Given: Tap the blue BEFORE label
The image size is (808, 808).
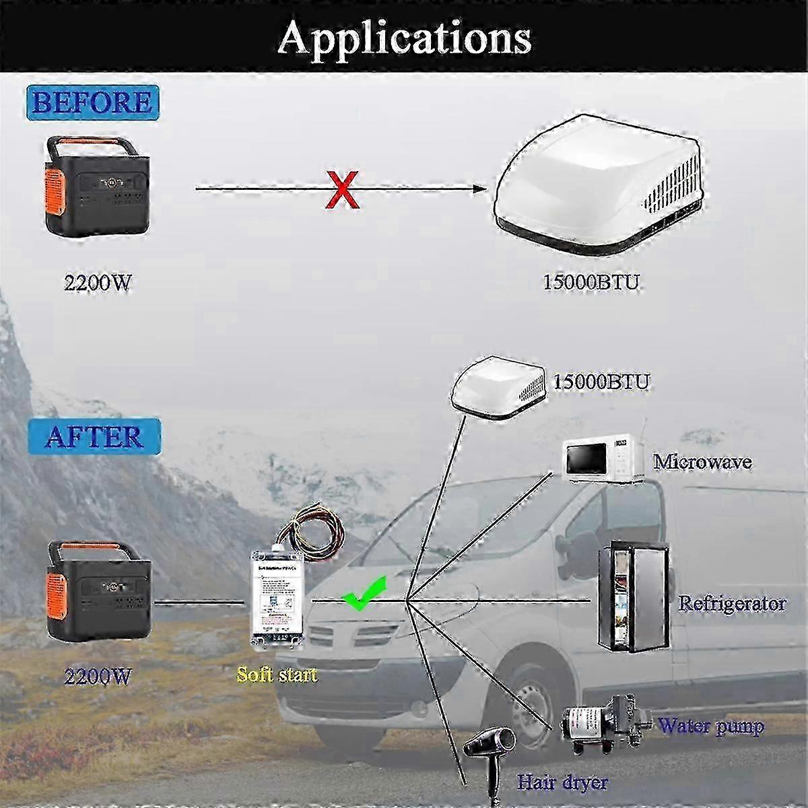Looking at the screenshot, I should point(92,102).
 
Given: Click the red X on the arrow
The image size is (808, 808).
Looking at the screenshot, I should point(342,189).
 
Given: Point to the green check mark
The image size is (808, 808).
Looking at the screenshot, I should point(364,593).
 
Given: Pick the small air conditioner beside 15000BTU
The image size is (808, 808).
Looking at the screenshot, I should point(499,390).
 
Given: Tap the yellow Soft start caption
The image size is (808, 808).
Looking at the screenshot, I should point(277,674).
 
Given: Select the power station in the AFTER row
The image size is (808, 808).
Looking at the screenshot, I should point(98,593).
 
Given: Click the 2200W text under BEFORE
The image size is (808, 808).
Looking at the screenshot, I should point(97,283).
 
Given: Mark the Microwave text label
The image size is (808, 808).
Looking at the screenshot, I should point(702,463).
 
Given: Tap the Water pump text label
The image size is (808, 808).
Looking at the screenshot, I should point(711,727).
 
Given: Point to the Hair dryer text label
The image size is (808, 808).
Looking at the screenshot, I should point(562,782).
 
